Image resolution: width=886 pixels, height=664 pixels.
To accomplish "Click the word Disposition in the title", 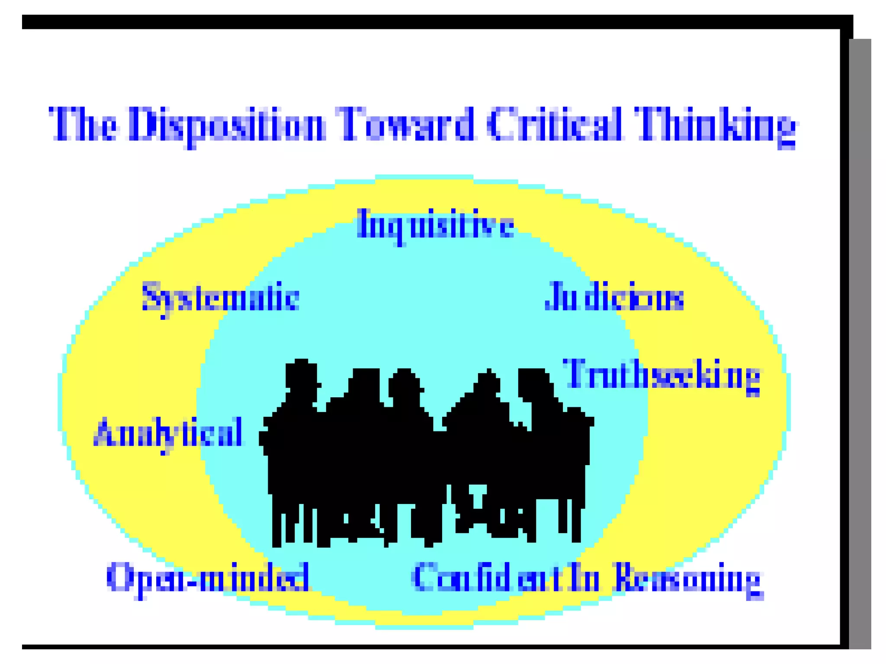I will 226,125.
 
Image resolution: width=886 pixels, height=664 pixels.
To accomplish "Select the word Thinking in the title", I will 715,125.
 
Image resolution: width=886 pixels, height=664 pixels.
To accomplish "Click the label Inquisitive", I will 435,225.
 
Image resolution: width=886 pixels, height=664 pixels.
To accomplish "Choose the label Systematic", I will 221,298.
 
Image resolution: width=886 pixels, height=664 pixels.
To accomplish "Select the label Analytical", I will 168,434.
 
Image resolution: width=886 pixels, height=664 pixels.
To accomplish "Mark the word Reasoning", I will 688,579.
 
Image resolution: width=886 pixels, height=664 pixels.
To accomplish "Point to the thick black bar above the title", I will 433,22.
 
